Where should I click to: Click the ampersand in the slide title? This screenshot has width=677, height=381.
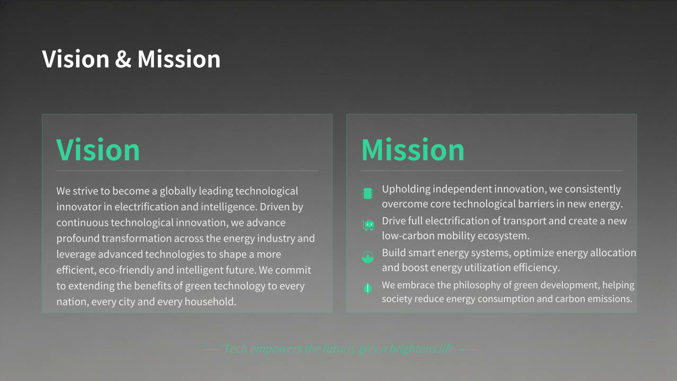coord(123,59)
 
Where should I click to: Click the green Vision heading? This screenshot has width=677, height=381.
coord(98,149)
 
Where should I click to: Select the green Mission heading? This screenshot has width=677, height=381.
coord(413,149)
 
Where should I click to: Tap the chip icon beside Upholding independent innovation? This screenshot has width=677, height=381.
coord(368,194)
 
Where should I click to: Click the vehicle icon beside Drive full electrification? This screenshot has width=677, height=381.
coord(368,225)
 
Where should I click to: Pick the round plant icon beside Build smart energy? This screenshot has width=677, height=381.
coord(368,257)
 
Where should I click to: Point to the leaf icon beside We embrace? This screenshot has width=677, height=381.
coord(368,289)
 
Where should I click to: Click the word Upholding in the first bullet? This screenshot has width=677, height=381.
coord(406,189)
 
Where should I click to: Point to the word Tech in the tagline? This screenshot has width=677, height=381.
coord(235,349)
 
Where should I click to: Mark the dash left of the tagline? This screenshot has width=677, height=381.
coord(212,349)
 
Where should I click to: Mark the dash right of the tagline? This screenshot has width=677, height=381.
coord(469,349)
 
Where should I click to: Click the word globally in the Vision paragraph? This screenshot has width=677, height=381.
coord(178,191)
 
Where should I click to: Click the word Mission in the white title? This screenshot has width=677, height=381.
coord(179,59)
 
